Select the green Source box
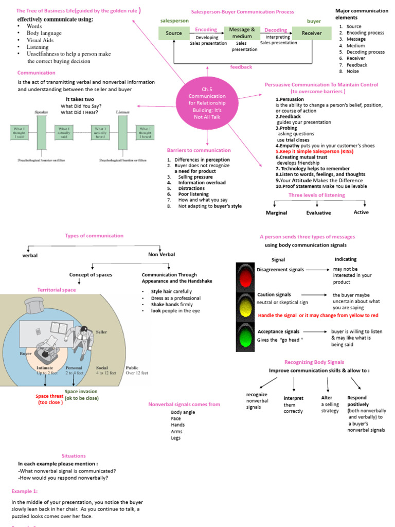click(174, 33)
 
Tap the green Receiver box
click(312, 33)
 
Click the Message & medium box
click(242, 33)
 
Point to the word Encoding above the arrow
click(206, 30)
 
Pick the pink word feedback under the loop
click(241, 67)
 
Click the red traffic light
click(246, 278)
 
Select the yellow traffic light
click(246, 307)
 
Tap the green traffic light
click(246, 337)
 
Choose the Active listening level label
click(361, 212)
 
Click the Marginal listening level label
click(276, 213)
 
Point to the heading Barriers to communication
click(199, 150)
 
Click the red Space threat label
click(49, 399)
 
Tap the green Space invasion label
click(81, 395)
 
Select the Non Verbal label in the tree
click(161, 254)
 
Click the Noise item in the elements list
click(353, 72)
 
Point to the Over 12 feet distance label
click(137, 373)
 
